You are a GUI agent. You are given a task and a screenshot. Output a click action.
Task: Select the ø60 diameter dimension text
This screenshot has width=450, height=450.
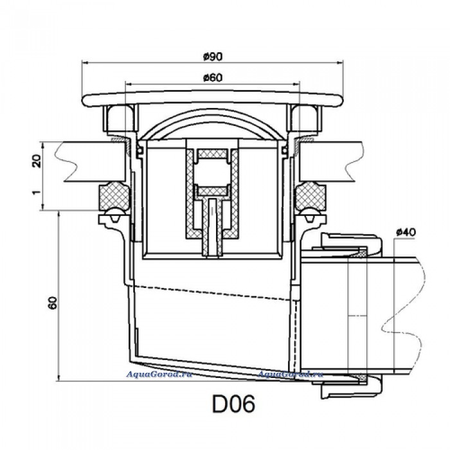tap(212, 78)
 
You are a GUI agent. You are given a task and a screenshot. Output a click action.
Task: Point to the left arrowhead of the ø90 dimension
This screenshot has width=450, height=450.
tap(85, 62)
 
